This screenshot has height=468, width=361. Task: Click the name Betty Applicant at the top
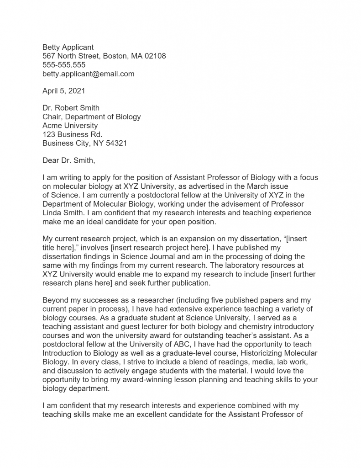coord(68,47)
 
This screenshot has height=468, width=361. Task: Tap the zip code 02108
coord(155,56)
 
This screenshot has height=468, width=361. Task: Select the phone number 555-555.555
coord(64,65)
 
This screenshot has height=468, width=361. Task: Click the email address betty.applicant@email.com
coord(89,74)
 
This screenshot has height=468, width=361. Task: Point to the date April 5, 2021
coord(64,90)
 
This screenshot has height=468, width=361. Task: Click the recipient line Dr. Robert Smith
coord(71,108)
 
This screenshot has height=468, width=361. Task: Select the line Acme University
coord(70,126)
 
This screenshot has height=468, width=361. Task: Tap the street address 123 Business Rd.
coord(72,134)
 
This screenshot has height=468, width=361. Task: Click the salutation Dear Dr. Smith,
coord(69,160)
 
